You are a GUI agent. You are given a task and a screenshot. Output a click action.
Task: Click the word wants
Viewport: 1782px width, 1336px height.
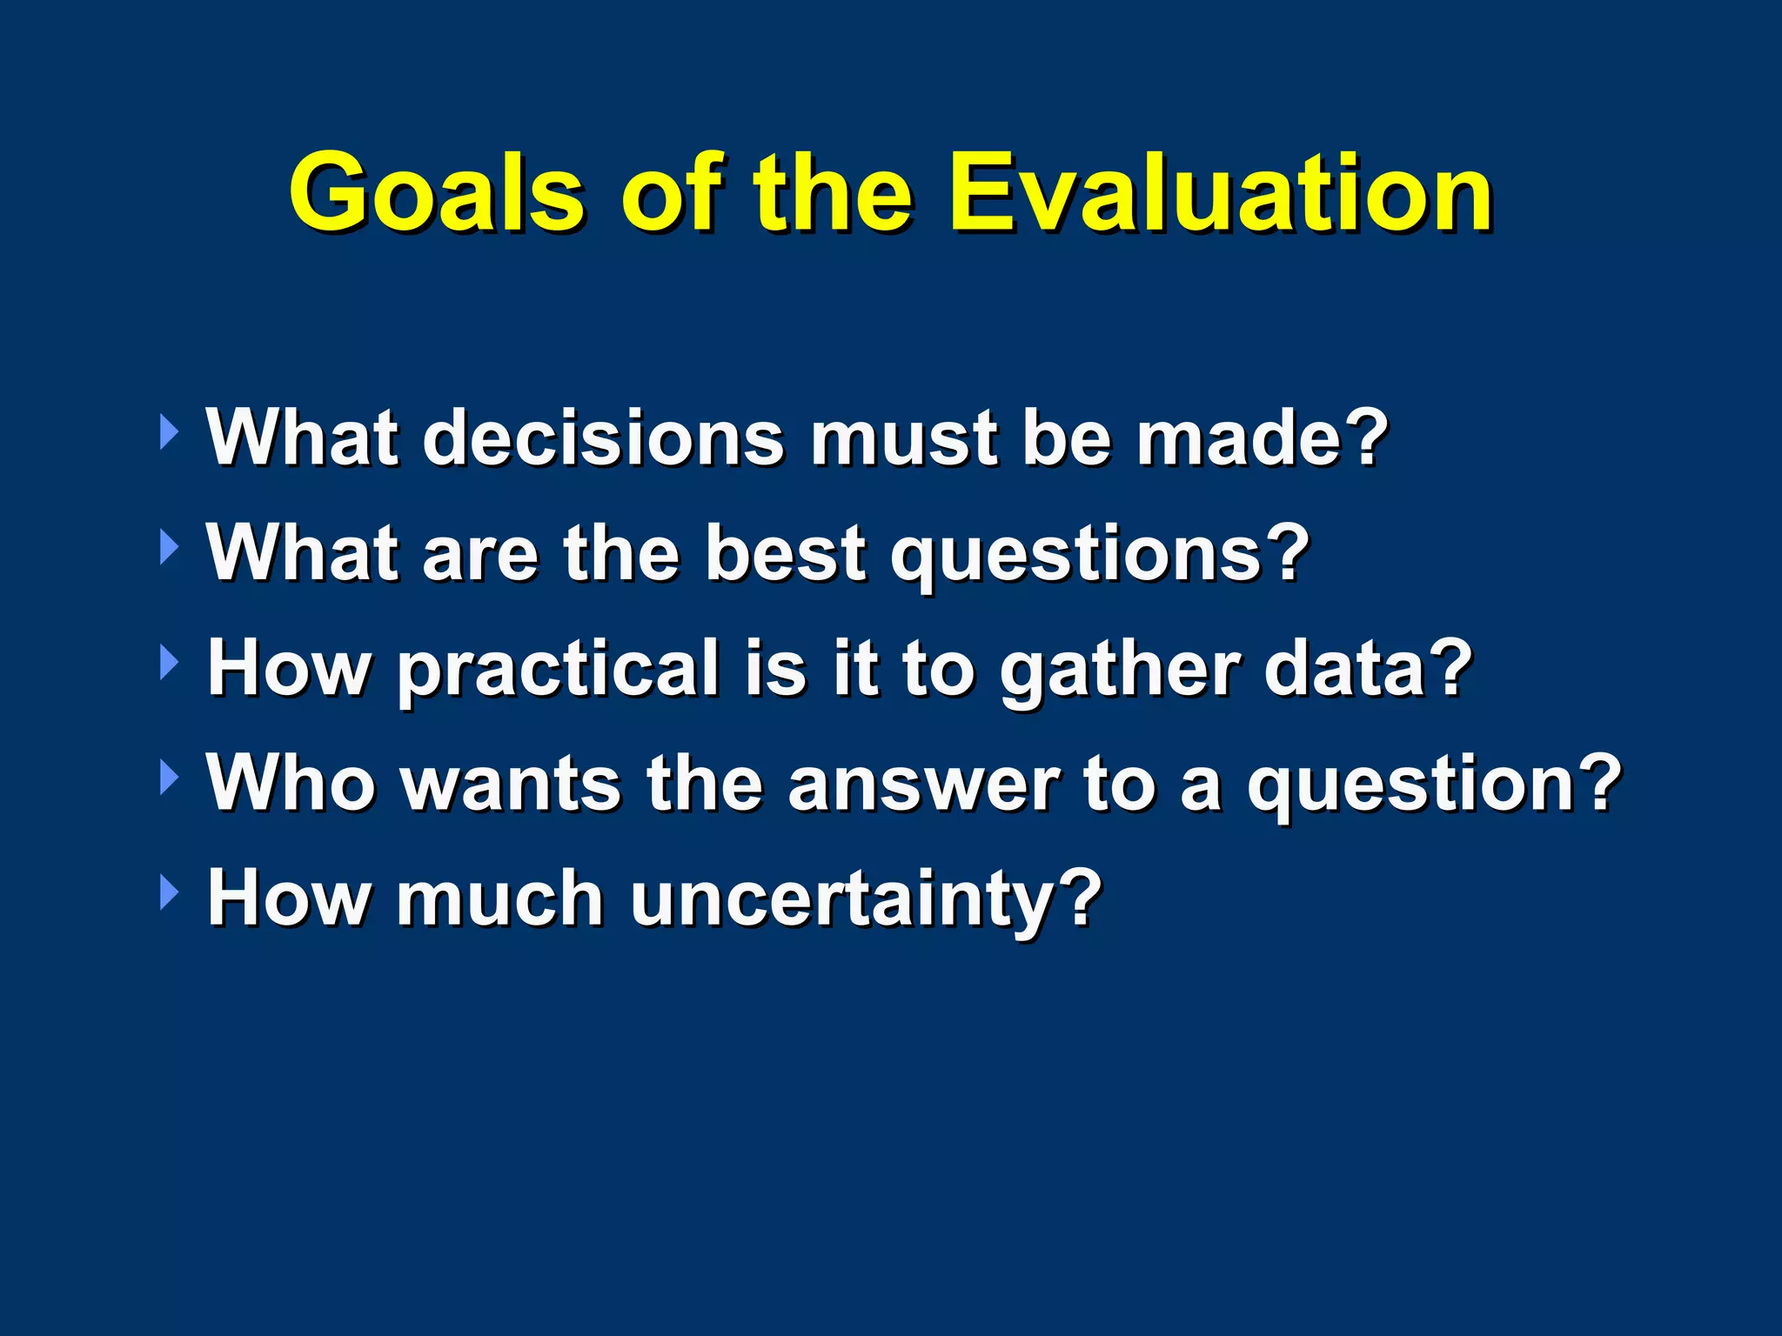click(x=513, y=784)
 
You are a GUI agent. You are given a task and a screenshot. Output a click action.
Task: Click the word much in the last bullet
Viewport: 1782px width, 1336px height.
click(x=499, y=898)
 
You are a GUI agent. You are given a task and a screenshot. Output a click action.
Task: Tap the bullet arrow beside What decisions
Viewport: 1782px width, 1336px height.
click(x=169, y=432)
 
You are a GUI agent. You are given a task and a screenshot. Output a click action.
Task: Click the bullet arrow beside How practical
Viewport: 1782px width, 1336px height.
click(x=169, y=664)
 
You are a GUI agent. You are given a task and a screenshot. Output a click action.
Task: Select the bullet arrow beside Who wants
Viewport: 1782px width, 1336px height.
click(x=169, y=778)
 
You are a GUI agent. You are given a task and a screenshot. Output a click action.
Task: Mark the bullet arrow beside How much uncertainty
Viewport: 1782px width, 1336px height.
click(x=169, y=893)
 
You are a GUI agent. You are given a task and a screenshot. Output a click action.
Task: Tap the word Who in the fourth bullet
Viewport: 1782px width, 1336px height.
click(x=291, y=782)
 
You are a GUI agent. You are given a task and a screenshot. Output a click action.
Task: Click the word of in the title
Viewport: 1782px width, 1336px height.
click(x=670, y=193)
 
